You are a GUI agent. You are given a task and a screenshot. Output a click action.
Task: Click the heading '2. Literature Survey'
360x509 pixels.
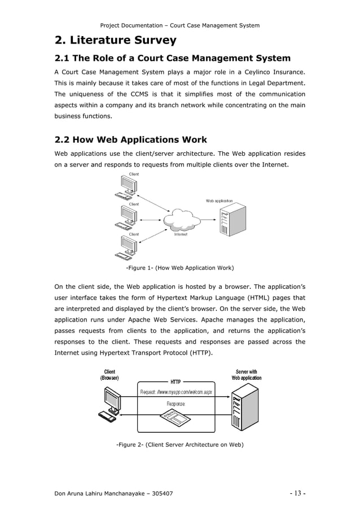[115, 40]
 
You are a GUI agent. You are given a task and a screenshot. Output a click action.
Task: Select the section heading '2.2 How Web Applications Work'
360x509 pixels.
[130, 139]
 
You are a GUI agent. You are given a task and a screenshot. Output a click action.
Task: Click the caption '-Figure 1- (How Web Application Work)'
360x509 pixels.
[179, 267]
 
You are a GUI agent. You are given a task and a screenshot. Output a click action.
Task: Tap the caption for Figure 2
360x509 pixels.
[179, 445]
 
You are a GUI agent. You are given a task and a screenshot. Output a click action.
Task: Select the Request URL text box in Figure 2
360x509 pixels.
[176, 392]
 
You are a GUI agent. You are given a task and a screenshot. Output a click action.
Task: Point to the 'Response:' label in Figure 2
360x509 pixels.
[176, 403]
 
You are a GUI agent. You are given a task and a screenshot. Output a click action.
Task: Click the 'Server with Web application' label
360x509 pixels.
[247, 375]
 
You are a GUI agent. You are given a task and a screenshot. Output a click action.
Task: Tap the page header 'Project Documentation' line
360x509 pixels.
[179, 25]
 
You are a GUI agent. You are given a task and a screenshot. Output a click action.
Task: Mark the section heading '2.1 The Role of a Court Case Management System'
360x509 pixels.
[172, 58]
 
